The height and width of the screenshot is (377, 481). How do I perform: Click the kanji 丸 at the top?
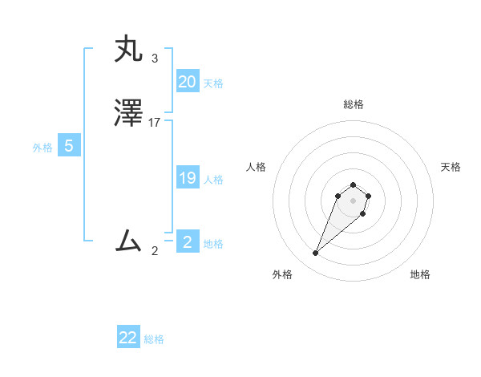pyautogui.click(x=128, y=50)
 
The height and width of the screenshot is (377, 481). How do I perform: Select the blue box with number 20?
pyautogui.click(x=187, y=82)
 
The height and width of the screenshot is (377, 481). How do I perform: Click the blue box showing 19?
pyautogui.click(x=187, y=178)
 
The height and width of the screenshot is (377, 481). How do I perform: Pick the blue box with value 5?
pyautogui.click(x=69, y=147)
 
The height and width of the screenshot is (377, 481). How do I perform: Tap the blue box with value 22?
pyautogui.click(x=128, y=338)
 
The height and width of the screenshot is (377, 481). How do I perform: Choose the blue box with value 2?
pyautogui.click(x=187, y=242)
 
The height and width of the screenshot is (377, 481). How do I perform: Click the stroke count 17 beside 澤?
pyautogui.click(x=155, y=123)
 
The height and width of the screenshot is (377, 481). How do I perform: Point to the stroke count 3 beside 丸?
pyautogui.click(x=154, y=59)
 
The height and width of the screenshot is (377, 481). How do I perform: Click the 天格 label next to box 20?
pyautogui.click(x=213, y=83)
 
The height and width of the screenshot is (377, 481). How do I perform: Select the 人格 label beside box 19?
pyautogui.click(x=214, y=180)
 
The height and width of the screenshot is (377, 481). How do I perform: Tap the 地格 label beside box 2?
pyautogui.click(x=213, y=244)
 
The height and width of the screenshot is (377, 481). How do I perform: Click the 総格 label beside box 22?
pyautogui.click(x=154, y=339)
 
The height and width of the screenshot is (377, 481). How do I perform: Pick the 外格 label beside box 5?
pyautogui.click(x=42, y=148)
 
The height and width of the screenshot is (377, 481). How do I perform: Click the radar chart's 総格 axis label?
pyautogui.click(x=354, y=104)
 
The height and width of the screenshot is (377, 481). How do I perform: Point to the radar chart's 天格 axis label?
pyautogui.click(x=451, y=167)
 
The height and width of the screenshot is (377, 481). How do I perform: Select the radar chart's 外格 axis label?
pyautogui.click(x=282, y=274)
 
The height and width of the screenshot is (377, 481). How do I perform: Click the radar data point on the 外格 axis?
pyautogui.click(x=315, y=253)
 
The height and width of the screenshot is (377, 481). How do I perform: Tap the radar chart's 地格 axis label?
pyautogui.click(x=420, y=274)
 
